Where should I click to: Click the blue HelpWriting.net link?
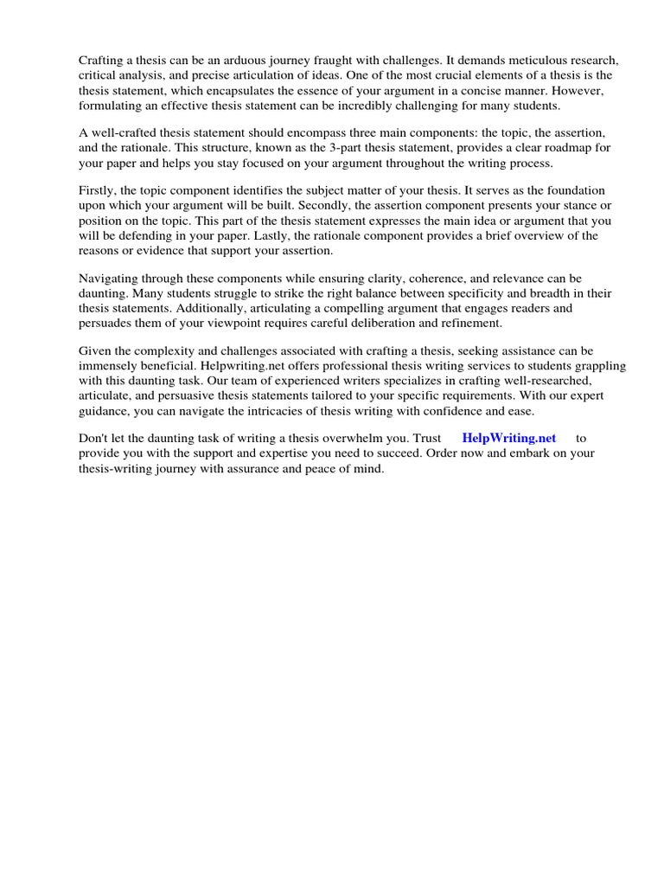tap(508, 438)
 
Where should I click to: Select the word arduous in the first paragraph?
tap(248, 60)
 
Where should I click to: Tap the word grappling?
tap(597, 366)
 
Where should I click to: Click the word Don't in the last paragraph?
tap(94, 438)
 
